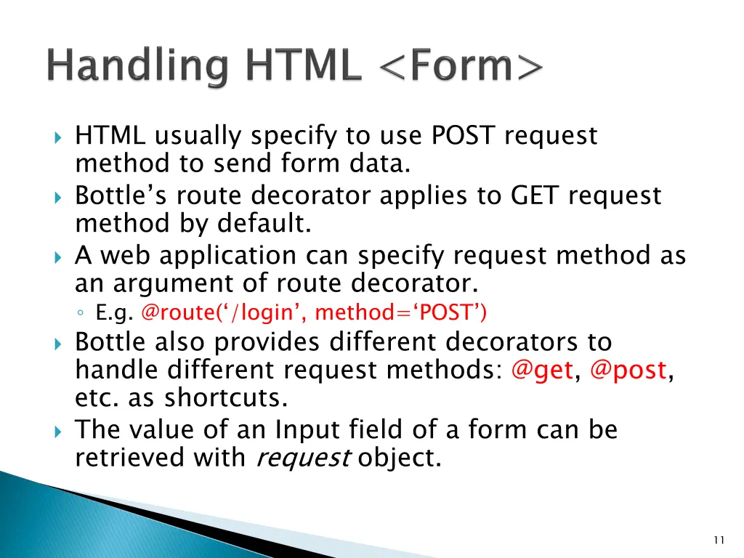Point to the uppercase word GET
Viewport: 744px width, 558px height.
536,195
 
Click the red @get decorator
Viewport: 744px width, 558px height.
542,371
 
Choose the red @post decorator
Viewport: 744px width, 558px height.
628,371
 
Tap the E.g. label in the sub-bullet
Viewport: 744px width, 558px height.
115,312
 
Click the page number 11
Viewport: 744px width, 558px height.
719,539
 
